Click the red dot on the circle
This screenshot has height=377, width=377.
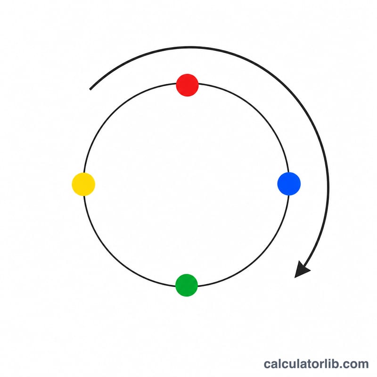pos(187,85)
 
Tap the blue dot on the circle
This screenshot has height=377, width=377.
pos(289,184)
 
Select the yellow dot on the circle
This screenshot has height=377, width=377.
pos(83,184)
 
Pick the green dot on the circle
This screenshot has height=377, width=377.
pos(187,285)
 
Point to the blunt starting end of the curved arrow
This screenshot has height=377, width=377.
pos(90,90)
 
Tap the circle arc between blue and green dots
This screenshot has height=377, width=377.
pos(259,256)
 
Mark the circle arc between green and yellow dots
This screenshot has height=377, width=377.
pos(114,256)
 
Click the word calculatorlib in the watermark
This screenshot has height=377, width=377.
pos(303,364)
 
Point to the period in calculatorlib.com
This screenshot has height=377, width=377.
pos(345,368)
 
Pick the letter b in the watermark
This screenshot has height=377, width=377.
pos(340,364)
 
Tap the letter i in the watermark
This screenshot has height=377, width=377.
pos(334,364)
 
